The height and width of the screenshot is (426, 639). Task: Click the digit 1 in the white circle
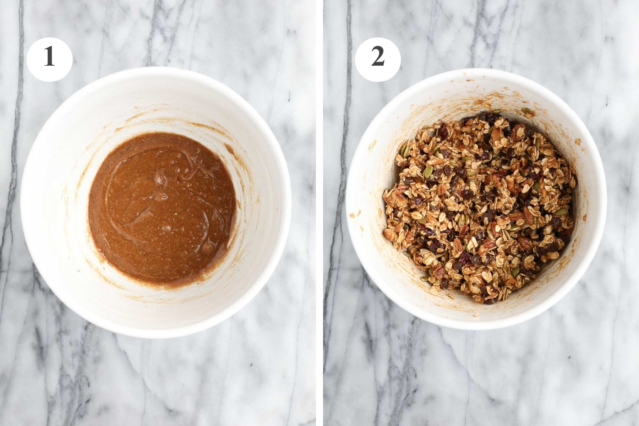(x=49, y=58)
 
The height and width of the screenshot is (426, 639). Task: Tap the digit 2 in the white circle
(x=378, y=58)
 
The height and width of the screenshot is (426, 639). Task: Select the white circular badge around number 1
(x=37, y=71)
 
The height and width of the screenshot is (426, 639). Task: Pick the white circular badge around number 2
(x=366, y=71)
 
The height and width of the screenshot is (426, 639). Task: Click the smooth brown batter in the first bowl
(x=142, y=220)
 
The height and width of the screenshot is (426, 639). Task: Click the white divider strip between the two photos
(x=319, y=213)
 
